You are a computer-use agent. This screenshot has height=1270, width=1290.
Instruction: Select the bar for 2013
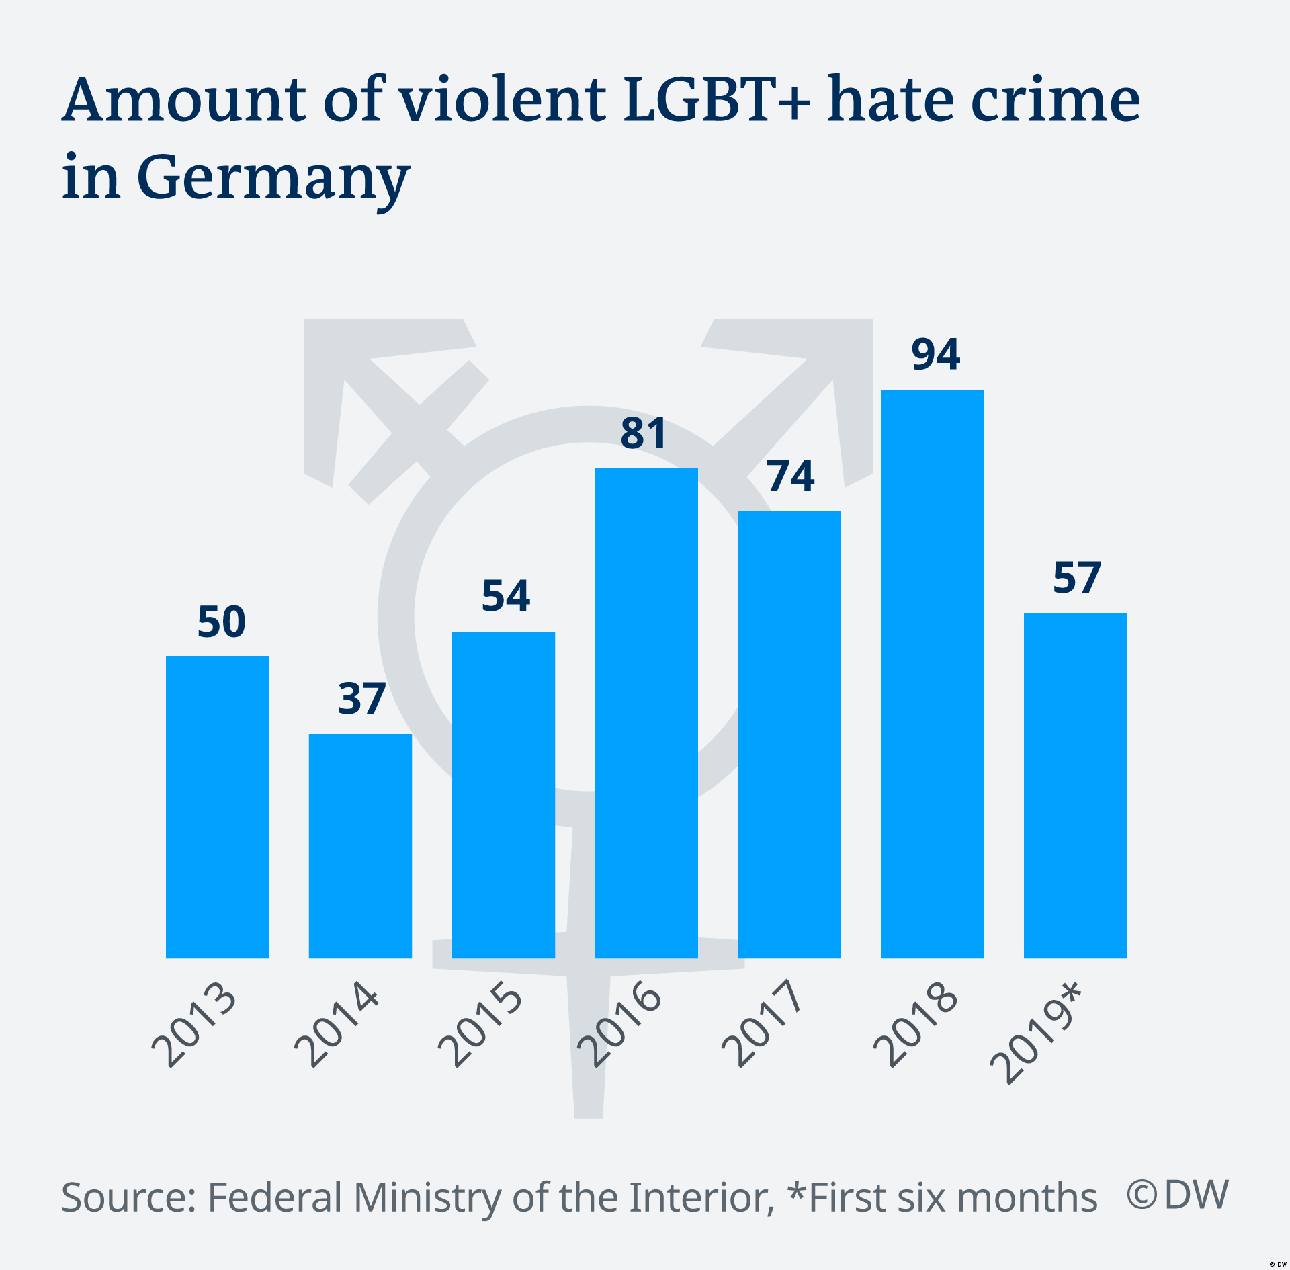click(217, 806)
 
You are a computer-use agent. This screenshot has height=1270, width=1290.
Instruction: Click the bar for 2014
click(360, 846)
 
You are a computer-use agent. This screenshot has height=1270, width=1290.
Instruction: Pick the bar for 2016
click(646, 712)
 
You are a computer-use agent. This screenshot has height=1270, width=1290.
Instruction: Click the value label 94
click(935, 354)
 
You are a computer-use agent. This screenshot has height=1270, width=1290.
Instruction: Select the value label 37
click(361, 699)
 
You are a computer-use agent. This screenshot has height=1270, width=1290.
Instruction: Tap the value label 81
click(643, 433)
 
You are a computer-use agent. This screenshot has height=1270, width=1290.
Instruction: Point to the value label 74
click(790, 476)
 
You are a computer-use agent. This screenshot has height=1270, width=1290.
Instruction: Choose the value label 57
click(1076, 577)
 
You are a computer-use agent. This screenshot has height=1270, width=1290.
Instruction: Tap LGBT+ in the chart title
click(716, 101)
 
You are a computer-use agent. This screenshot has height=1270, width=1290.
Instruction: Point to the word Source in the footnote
click(128, 1197)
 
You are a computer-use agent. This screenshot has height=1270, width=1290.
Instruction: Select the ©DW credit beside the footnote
click(1177, 1195)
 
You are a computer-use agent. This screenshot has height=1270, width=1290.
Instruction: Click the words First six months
click(953, 1197)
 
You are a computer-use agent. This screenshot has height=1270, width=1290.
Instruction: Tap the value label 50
click(221, 622)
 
